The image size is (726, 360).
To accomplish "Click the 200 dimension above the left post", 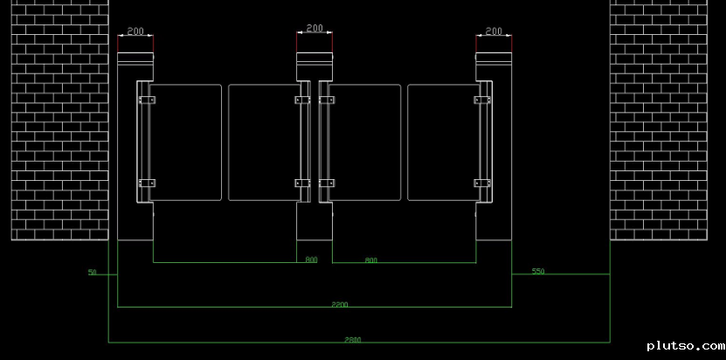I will point(135,31).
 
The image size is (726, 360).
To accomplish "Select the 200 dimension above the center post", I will point(315,29).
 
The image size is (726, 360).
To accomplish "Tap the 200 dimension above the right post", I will point(494,31).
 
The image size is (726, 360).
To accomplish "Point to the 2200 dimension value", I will point(340,304).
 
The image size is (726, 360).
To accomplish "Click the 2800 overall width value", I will point(352,339).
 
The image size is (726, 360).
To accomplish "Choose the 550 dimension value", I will point(537,272).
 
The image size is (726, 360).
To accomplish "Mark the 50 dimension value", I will point(92,273).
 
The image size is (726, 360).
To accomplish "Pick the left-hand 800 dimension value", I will point(311,260).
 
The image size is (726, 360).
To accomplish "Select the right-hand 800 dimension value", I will point(370,260).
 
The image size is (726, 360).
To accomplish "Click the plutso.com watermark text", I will point(685,347).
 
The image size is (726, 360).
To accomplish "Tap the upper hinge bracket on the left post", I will point(146,101).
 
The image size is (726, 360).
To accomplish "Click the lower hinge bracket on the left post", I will point(146,183).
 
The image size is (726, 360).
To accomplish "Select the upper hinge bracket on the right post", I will point(482,101).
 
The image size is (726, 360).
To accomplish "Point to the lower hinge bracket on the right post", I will point(482,183).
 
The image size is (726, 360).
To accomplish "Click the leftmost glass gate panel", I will point(185,142).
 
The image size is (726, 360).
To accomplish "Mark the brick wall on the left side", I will point(59,120).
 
